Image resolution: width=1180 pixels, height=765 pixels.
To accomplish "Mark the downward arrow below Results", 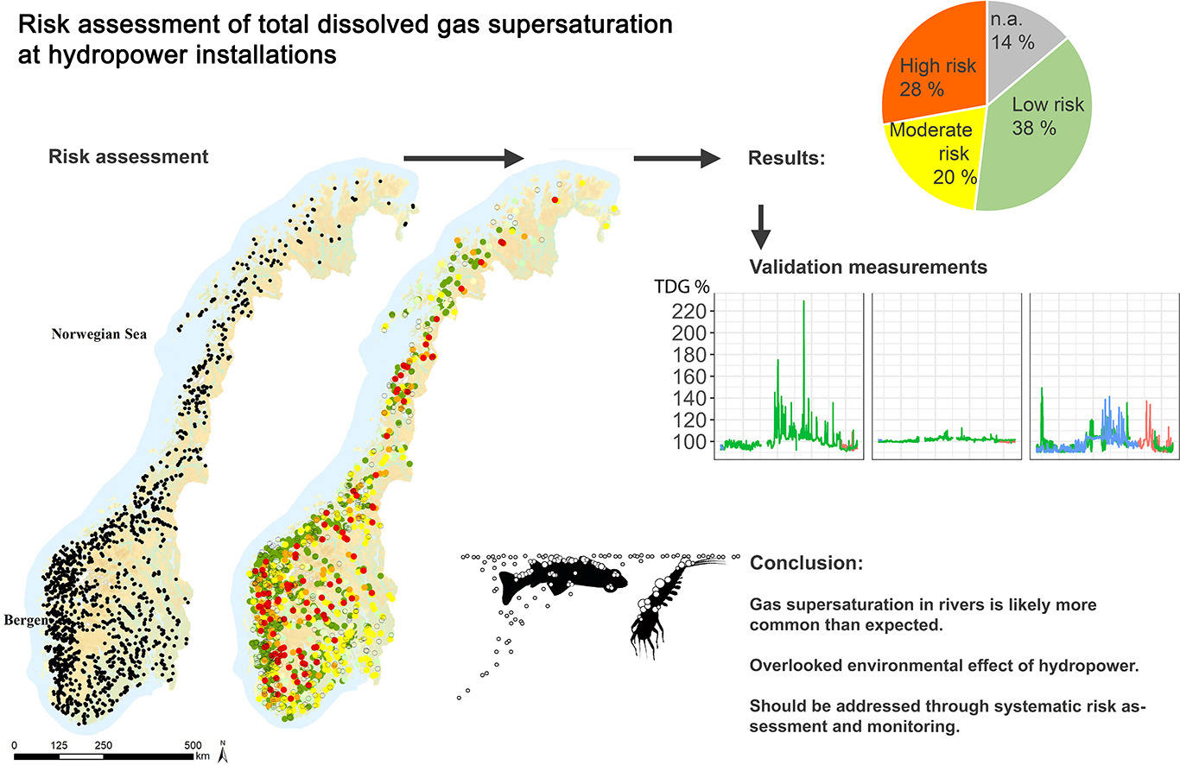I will [761, 229].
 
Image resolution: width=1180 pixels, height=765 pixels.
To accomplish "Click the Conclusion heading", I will [805, 564].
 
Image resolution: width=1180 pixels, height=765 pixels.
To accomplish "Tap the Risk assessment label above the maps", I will [129, 157].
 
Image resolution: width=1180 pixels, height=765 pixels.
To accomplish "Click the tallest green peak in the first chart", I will [804, 302].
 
